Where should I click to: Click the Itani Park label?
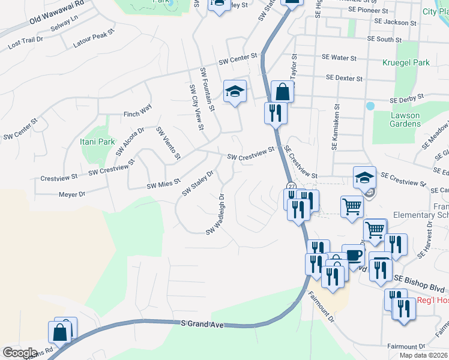[x=97, y=142]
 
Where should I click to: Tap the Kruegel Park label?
[x=406, y=62]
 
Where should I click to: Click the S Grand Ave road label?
[x=202, y=325]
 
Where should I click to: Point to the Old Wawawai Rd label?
[x=57, y=17]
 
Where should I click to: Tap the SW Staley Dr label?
[x=198, y=183]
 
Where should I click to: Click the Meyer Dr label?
[x=72, y=194]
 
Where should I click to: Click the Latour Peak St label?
[x=93, y=40]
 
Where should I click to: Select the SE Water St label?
[x=339, y=58]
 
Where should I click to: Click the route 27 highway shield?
[x=291, y=187]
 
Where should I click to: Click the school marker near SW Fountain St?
[x=235, y=91]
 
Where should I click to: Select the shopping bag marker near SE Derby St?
[x=282, y=92]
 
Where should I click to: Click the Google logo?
[x=20, y=353]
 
